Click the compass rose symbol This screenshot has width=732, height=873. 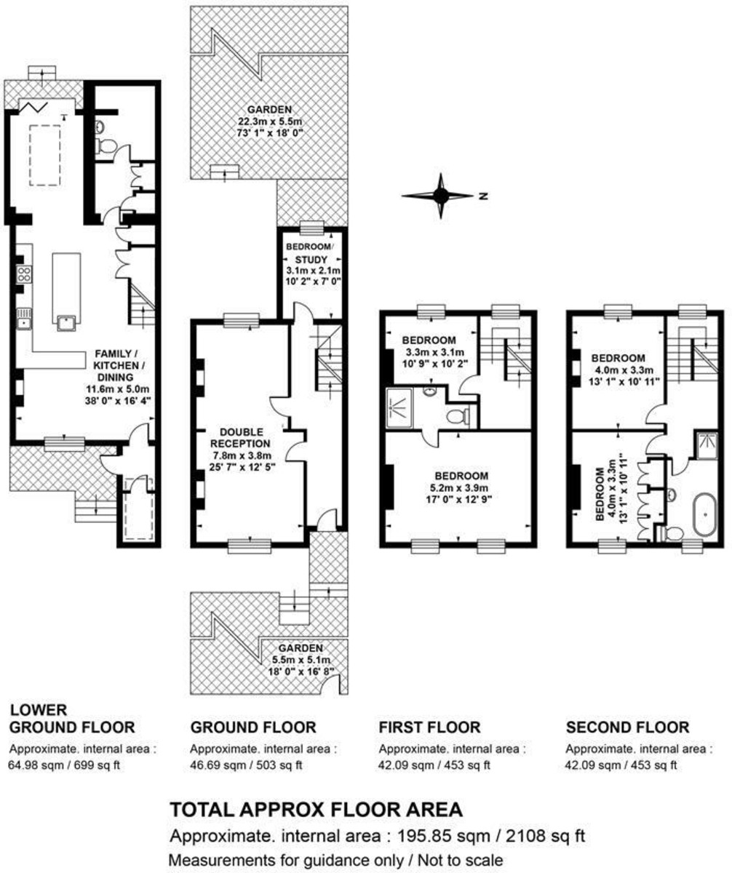pyautogui.click(x=440, y=195)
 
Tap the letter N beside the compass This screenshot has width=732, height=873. pyautogui.click(x=484, y=196)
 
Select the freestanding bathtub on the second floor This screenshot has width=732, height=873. pyautogui.click(x=704, y=514)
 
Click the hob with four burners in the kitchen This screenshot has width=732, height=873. pyautogui.click(x=24, y=274)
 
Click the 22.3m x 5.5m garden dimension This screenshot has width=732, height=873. pyautogui.click(x=270, y=121)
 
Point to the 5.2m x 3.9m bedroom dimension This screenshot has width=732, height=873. pyautogui.click(x=459, y=487)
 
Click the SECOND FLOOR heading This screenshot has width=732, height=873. pyautogui.click(x=627, y=727)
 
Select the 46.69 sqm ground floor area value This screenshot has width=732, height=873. pyautogui.click(x=214, y=765)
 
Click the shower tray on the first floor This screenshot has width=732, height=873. pyautogui.click(x=399, y=408)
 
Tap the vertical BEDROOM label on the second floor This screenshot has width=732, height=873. pyautogui.click(x=600, y=494)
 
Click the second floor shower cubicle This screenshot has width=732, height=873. pyautogui.click(x=707, y=447)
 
